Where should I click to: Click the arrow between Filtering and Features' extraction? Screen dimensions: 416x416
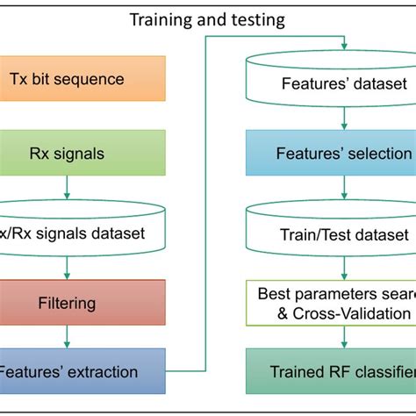coord(68,336)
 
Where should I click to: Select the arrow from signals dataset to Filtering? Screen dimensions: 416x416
coord(68,266)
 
